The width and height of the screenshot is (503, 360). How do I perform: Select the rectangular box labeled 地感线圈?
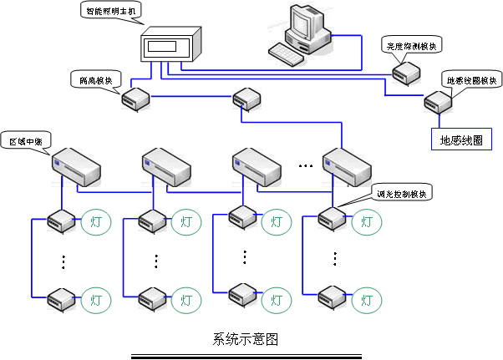[x=460, y=138]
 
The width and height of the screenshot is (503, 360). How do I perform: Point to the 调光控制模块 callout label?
[x=405, y=194]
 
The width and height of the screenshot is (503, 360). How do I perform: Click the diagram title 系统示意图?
[x=245, y=340]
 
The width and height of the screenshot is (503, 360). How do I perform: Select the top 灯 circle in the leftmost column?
[x=95, y=222]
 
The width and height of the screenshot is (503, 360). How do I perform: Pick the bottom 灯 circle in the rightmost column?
[x=365, y=297]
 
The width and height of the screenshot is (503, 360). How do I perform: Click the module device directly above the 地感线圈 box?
[x=437, y=103]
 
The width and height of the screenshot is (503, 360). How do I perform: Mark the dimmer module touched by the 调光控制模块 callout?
[x=333, y=218]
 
